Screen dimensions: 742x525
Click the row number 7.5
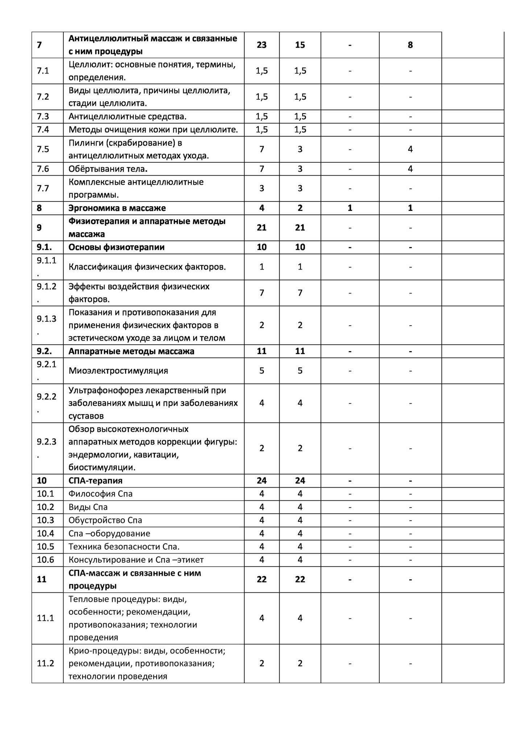[x=43, y=149]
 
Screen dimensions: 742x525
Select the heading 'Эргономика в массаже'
[x=117, y=208]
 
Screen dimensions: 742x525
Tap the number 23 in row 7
[x=261, y=45]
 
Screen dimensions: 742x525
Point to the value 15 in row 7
[x=300, y=45]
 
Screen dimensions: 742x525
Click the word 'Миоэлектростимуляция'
[x=118, y=371]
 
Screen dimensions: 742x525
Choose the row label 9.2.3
[x=46, y=442]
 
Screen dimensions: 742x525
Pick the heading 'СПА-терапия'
[x=95, y=481]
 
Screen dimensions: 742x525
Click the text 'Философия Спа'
[x=100, y=494]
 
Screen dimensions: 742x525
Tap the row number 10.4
[x=45, y=533]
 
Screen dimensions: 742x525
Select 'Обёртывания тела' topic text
[x=108, y=169]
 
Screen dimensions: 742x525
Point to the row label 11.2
[x=45, y=663]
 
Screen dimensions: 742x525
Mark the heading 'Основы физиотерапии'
[x=116, y=247]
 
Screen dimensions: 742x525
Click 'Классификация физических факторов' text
[x=147, y=267]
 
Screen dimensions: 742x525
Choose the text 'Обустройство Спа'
[x=105, y=520]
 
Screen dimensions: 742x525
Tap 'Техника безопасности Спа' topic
[x=124, y=546]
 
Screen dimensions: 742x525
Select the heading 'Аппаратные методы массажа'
[x=131, y=351]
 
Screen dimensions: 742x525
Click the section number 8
[x=39, y=208]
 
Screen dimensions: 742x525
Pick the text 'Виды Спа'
[x=88, y=507]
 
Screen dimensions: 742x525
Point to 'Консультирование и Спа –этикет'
[x=136, y=560]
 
